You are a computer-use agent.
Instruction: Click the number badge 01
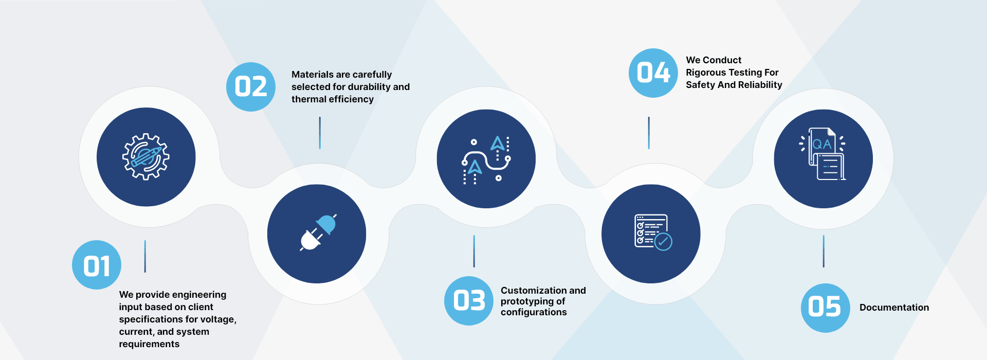pos(97,265)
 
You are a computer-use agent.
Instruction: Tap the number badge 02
pos(251,86)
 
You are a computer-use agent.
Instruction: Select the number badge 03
pos(469,301)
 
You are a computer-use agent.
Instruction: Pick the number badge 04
pos(653,73)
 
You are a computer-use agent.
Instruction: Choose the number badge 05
pos(826,308)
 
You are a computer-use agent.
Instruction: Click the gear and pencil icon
pos(146,156)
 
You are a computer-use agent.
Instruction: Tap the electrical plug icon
pos(318,232)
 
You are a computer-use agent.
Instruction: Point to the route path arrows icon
pos(486,159)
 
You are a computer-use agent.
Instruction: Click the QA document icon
pos(822,154)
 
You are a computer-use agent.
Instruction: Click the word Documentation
pos(894,308)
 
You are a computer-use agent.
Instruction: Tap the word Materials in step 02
pos(312,75)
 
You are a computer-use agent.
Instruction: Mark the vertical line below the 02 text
pos(320,133)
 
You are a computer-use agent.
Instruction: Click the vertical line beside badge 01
pos(145,256)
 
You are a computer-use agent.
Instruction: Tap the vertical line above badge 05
pos(824,251)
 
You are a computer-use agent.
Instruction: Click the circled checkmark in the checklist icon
pos(664,242)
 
